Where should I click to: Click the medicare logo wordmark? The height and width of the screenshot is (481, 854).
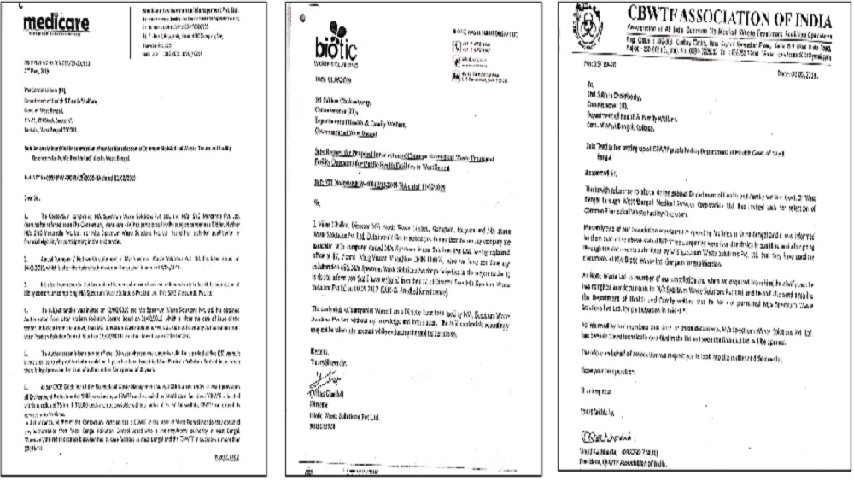click(x=57, y=23)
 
